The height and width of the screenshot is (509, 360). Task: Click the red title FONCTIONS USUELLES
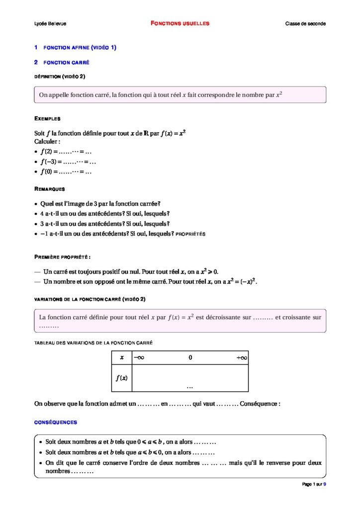pyautogui.click(x=180, y=23)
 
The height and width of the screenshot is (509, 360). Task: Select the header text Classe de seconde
pyautogui.click(x=305, y=24)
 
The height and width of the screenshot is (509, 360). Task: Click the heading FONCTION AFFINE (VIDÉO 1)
pyautogui.click(x=80, y=48)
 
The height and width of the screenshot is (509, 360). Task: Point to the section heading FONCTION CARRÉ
pyautogui.click(x=66, y=63)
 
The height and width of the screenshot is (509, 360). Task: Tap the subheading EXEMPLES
pyautogui.click(x=47, y=119)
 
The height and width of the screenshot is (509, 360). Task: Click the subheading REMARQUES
pyautogui.click(x=49, y=189)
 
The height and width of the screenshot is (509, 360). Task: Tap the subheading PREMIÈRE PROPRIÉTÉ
pyautogui.click(x=62, y=256)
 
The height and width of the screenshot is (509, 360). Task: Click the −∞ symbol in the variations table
pyautogui.click(x=138, y=357)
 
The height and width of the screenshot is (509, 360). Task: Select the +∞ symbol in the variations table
pyautogui.click(x=242, y=357)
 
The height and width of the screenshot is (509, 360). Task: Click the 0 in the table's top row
pyautogui.click(x=190, y=357)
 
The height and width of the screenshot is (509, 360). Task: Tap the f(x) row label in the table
pyautogui.click(x=121, y=378)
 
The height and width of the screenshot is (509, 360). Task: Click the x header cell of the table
pyautogui.click(x=121, y=357)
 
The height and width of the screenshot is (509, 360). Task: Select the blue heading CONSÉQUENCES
pyautogui.click(x=55, y=423)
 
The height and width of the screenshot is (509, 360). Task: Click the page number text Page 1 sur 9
pyautogui.click(x=314, y=484)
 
